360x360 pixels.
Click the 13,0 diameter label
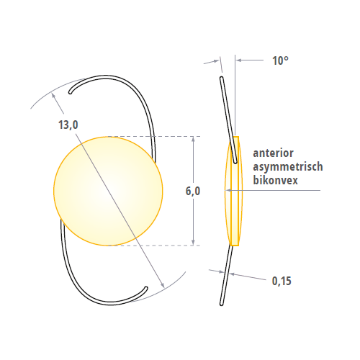pos(68,125)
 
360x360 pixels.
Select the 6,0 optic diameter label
pos(193,192)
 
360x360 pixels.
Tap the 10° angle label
pos(280,60)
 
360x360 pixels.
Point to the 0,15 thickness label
pos(282,281)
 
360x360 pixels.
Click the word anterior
pos(273,153)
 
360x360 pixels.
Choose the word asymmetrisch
pos(288,166)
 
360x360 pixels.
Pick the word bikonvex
pos(275,180)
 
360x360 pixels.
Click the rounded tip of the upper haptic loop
pos(71,92)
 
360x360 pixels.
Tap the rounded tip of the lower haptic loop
pos(146,288)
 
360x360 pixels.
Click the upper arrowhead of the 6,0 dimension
pos(193,138)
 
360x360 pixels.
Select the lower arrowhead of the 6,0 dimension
pos(193,243)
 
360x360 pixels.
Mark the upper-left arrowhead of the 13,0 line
pos(53,96)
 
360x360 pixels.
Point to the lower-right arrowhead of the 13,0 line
pos(163,285)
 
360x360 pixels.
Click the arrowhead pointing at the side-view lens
pos(228,190)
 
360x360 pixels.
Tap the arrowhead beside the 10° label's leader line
pos(238,60)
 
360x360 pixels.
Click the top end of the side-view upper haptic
pos(221,78)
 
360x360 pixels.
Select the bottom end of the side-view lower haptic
pos(222,305)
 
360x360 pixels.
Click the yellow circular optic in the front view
pos(108,191)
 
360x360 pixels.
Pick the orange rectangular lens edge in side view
pos(235,191)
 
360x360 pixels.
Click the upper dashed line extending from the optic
pos(154,137)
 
